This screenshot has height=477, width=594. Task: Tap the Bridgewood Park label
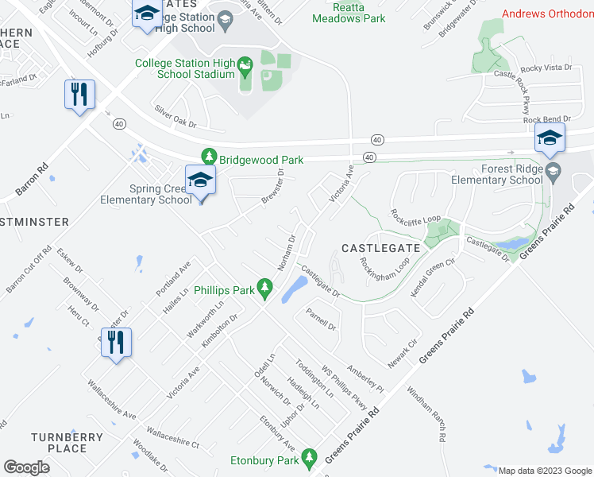(x=262, y=160)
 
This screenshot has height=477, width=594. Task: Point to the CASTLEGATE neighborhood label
(x=380, y=249)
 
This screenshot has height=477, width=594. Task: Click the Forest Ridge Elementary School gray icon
(x=553, y=169)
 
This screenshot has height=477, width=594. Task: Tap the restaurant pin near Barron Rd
(x=79, y=95)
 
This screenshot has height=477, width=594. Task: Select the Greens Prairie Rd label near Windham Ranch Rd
(x=447, y=342)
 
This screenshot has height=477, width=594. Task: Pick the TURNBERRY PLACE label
(x=67, y=443)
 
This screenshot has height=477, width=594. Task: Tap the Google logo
(x=26, y=467)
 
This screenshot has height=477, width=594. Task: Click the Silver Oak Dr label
(x=175, y=117)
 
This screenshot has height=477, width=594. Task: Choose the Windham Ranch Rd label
(x=427, y=414)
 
